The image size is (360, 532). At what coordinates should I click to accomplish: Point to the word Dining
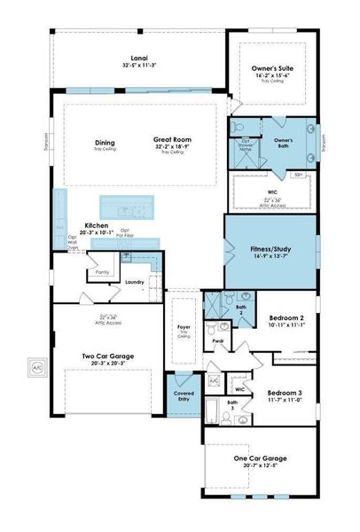tap(105, 144)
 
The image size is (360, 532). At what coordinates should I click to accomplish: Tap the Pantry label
tap(103, 273)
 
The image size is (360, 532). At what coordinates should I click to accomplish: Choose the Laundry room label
tap(134, 282)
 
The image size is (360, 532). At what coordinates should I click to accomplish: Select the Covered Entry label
tap(184, 392)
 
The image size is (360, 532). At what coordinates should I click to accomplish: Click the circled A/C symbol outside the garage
tap(37, 366)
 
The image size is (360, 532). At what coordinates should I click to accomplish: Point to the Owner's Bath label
tap(283, 141)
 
